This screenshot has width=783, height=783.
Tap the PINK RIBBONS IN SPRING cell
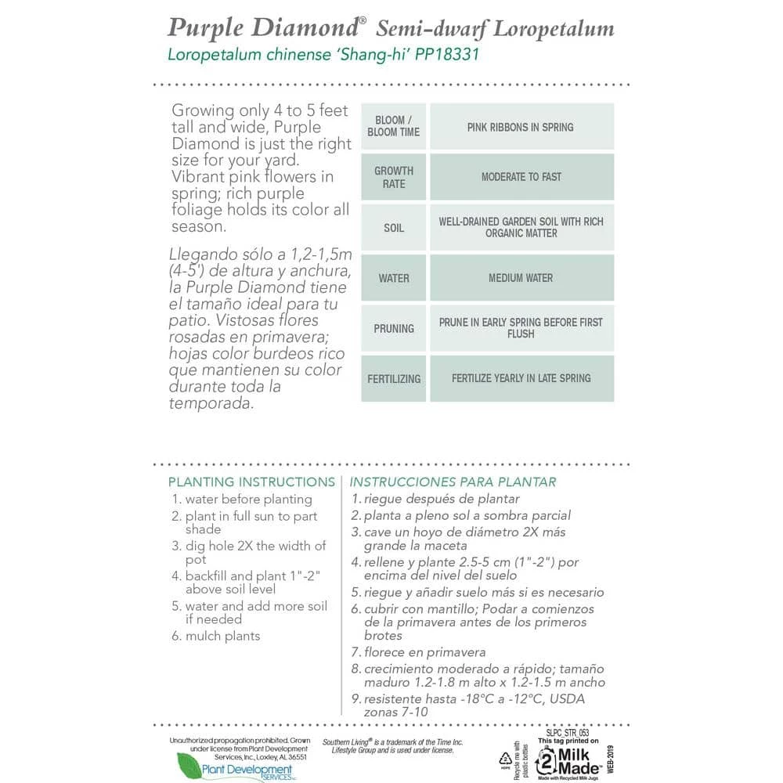coord(521,127)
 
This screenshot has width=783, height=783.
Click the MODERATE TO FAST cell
coord(521,177)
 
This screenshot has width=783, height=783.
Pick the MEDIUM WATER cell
coord(521,278)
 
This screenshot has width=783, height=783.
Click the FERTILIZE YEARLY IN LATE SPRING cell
coord(521,378)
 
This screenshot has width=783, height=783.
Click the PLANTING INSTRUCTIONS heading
coord(251,482)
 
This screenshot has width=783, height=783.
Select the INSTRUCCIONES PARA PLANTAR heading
coord(453,482)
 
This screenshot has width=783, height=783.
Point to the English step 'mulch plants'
coord(222,636)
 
